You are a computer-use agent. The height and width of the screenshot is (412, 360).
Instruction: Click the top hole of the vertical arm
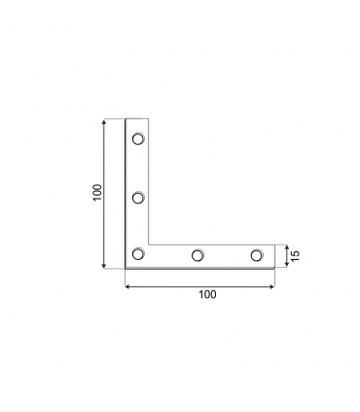(x=137, y=138)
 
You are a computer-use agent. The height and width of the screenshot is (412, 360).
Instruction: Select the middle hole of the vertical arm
(x=137, y=198)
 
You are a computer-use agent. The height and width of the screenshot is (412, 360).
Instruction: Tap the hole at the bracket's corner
(x=137, y=255)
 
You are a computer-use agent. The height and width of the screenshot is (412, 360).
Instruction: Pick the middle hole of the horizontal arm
(x=197, y=255)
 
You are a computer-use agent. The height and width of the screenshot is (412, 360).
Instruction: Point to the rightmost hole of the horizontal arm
(x=256, y=255)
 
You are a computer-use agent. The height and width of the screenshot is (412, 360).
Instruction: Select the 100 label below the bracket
(x=206, y=293)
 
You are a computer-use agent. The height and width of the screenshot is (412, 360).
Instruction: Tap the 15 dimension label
(x=294, y=255)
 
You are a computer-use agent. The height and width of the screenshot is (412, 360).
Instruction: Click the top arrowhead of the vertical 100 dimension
(x=104, y=122)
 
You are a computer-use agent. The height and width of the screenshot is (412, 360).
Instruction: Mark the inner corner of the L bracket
(x=149, y=243)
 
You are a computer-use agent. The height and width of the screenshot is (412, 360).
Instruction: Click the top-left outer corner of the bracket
(x=126, y=119)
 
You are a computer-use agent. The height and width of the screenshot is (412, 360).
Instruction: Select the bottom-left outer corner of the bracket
(x=126, y=268)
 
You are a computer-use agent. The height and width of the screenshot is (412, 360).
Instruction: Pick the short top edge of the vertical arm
(x=137, y=119)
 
